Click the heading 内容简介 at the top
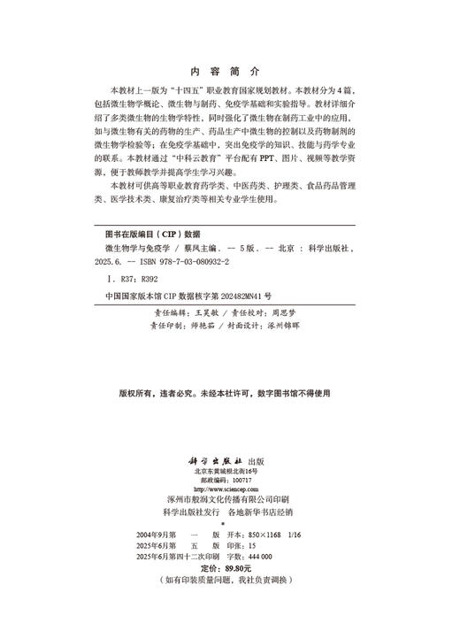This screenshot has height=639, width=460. [226, 70]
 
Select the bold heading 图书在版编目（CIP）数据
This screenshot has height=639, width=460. [153, 235]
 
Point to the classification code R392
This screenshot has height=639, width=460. [145, 280]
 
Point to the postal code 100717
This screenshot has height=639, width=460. [241, 480]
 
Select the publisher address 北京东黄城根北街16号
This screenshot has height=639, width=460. [228, 472]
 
